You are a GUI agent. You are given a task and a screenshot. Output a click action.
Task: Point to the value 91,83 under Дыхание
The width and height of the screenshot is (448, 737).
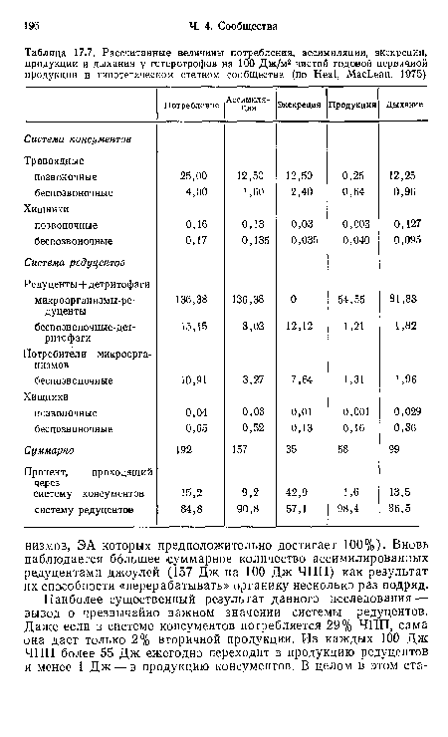pos(403,298)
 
